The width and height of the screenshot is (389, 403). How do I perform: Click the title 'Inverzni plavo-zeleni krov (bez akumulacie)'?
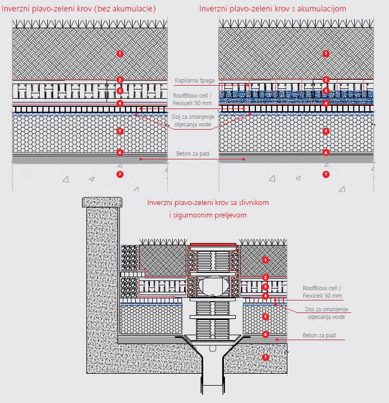79,9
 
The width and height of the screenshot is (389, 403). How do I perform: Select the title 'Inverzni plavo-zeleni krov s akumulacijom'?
273,9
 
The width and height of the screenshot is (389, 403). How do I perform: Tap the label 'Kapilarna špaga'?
195,80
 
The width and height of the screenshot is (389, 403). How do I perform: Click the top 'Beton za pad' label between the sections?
192,153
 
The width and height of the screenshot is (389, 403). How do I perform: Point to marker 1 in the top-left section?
120,54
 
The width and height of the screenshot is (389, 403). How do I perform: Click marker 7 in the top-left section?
120,175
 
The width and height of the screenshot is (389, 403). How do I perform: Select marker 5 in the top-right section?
326,131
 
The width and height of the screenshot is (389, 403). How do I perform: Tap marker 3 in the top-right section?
326,91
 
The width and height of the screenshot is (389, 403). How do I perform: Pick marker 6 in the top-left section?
120,152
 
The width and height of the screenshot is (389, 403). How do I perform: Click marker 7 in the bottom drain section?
266,357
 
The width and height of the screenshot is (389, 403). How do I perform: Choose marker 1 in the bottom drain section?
266,260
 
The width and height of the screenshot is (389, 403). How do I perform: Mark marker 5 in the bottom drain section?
266,316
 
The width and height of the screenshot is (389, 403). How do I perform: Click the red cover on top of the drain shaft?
213,245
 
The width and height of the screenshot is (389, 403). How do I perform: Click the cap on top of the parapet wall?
102,202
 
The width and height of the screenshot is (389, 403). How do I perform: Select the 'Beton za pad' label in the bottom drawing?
319,335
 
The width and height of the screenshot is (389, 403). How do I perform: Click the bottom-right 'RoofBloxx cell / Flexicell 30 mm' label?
322,292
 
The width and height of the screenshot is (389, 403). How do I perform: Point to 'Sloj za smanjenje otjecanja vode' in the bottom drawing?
327,313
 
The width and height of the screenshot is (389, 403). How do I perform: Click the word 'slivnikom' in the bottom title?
254,202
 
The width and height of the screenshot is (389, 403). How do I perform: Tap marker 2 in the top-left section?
120,80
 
